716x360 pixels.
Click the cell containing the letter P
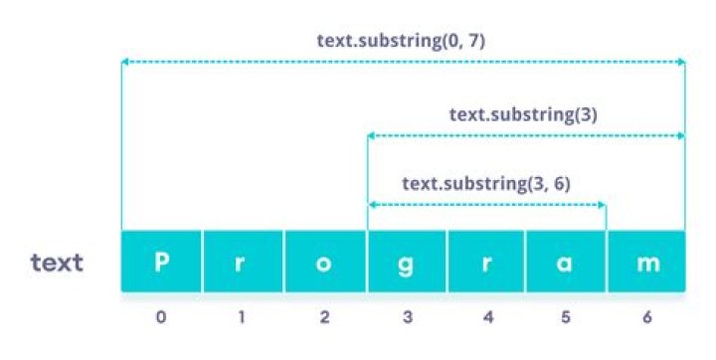pos(161,262)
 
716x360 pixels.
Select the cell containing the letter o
pos(324,262)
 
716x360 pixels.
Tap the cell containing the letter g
pos(406,262)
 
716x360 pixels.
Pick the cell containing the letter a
pos(566,262)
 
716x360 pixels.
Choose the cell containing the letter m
pos(646,262)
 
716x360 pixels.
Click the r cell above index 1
pos(243,262)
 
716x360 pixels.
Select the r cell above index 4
pos(486,262)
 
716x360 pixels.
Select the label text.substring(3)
pos(522,114)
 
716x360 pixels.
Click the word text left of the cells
pos(57,264)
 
